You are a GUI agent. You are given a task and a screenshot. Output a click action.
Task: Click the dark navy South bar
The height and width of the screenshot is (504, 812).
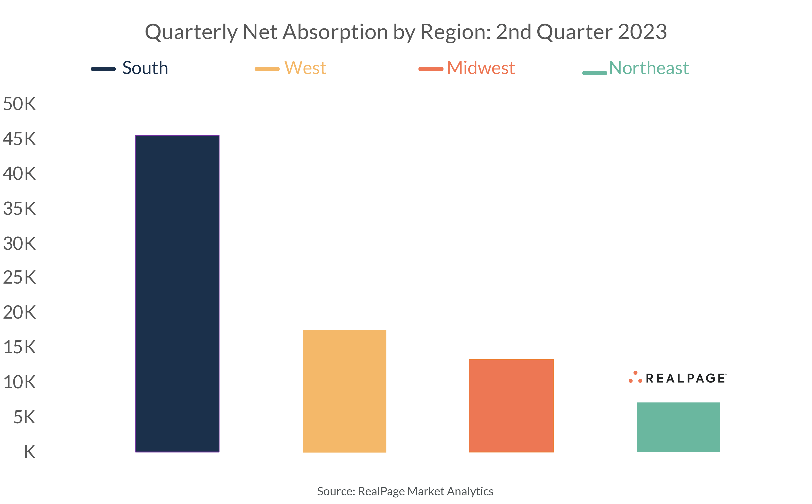(x=177, y=293)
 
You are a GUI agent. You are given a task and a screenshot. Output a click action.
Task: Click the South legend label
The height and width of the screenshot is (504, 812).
(x=145, y=68)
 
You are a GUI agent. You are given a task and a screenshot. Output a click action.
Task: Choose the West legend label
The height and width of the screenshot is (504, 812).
(x=305, y=68)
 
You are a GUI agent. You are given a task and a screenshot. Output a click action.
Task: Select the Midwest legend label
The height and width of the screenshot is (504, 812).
(x=481, y=68)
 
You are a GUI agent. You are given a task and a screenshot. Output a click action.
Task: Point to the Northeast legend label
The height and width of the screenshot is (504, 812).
(x=648, y=68)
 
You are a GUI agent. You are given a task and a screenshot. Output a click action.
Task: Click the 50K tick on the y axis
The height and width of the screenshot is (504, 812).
(x=19, y=104)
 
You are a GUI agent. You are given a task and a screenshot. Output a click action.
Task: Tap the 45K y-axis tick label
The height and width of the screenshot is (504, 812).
(x=19, y=139)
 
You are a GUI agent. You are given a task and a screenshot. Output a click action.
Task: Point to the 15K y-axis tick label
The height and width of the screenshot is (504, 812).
(x=19, y=347)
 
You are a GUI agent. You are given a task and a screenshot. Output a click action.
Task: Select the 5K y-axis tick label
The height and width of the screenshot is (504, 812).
(x=24, y=417)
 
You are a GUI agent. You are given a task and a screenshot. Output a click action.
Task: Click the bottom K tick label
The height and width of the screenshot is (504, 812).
(x=29, y=452)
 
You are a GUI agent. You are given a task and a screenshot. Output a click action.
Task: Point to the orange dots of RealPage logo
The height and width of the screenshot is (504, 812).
(x=635, y=377)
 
